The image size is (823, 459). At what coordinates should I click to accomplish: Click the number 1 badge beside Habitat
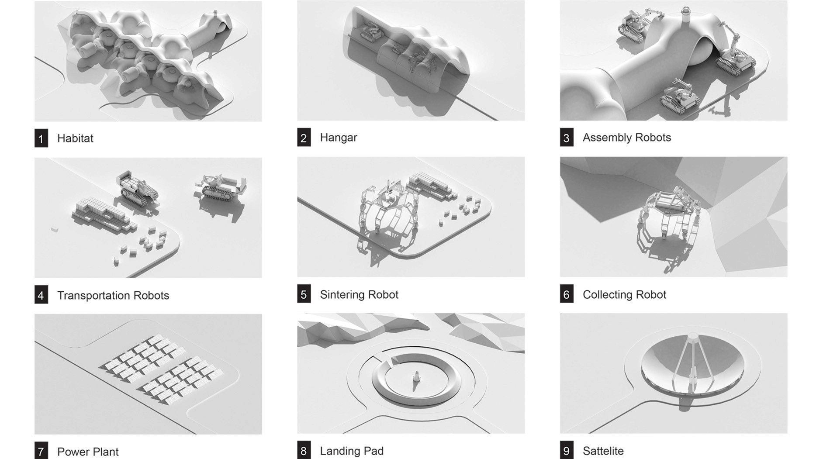[x=41, y=138]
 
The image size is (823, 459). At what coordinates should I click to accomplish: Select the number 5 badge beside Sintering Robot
[x=304, y=294]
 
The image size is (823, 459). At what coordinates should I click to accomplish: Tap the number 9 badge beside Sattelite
[x=567, y=450]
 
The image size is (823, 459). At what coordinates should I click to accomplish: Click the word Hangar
[x=339, y=138]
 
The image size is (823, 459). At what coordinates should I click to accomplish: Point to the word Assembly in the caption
[x=607, y=138]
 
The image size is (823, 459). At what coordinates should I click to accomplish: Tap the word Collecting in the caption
[x=605, y=295]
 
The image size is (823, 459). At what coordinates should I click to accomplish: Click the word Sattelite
[x=603, y=451]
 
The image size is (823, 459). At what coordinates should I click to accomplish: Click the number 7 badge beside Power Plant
[x=41, y=451]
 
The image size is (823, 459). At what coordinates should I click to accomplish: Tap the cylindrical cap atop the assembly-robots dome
[x=685, y=14]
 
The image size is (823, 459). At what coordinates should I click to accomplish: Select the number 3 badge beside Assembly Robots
[x=567, y=138]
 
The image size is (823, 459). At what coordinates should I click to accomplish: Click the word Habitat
[x=75, y=138]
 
